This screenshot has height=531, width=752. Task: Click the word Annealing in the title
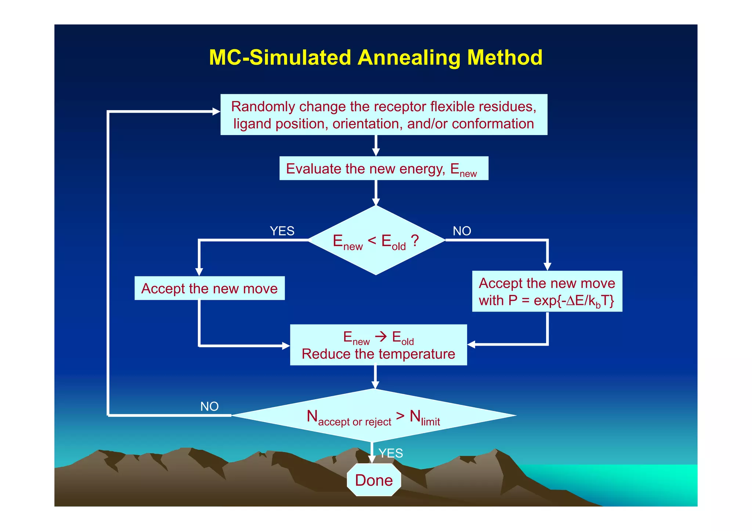[x=408, y=58]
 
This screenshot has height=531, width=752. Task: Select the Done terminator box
[x=374, y=480]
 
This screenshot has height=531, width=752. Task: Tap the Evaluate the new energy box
[x=384, y=168]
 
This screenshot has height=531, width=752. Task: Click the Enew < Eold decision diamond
[x=376, y=240]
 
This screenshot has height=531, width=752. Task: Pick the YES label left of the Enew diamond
[x=282, y=231]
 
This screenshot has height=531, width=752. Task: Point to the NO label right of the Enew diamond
[x=462, y=231]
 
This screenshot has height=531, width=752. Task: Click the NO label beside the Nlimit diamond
[x=209, y=406]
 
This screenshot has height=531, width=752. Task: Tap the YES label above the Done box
[x=391, y=453]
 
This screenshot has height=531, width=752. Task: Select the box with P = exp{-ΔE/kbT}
[x=547, y=291]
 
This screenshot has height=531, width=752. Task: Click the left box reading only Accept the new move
[x=209, y=288]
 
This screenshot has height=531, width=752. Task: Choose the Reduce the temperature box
[x=378, y=345]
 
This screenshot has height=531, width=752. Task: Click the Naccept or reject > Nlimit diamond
[x=374, y=416]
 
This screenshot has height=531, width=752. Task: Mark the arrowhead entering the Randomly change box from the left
[x=216, y=111]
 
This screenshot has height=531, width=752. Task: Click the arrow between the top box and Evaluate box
[x=376, y=146]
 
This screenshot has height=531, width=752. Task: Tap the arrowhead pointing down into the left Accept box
[x=199, y=272]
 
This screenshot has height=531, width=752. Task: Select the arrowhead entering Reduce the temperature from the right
[x=471, y=345]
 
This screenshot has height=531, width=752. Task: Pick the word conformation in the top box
[x=493, y=124]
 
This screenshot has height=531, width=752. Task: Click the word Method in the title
[x=505, y=58]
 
